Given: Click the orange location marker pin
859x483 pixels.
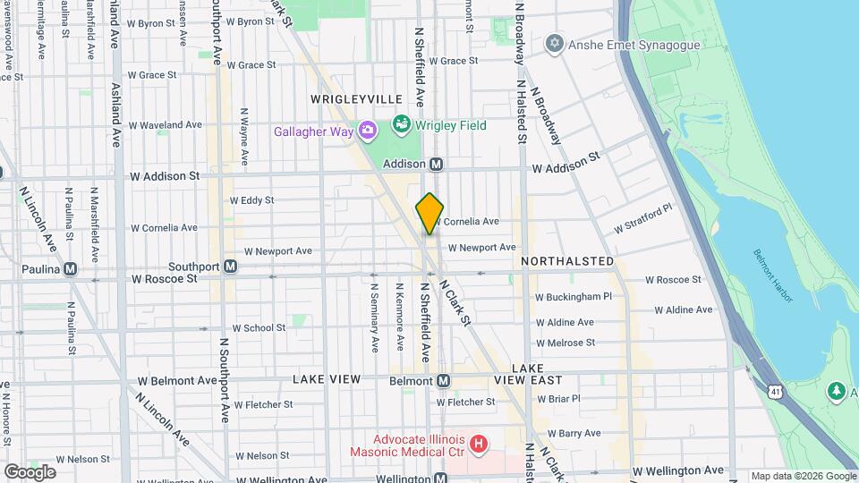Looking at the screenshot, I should click(x=429, y=214).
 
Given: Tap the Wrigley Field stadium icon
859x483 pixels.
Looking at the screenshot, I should click(x=401, y=124).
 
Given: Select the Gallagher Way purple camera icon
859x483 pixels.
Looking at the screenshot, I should click(x=367, y=132).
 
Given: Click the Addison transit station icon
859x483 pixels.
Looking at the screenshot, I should click(x=437, y=165).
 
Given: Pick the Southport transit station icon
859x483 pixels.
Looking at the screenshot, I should click(x=230, y=267).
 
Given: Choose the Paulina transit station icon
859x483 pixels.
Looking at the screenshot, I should click(x=70, y=268).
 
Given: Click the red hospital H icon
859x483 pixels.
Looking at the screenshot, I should click(x=480, y=443).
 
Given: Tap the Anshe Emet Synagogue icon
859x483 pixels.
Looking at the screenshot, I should click(x=555, y=43).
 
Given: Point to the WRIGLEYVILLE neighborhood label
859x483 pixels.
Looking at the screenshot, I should click(x=352, y=98).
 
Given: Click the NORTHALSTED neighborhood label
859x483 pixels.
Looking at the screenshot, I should click(x=568, y=261).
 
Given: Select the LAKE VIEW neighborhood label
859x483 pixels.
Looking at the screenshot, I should click(x=327, y=379).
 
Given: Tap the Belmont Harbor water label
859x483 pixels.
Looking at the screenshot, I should click(x=773, y=275).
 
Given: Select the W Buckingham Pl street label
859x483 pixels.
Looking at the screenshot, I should click(x=574, y=296).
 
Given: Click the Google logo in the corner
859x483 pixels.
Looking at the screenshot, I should click(x=30, y=471).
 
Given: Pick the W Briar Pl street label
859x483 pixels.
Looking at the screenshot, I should click(x=558, y=399).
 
